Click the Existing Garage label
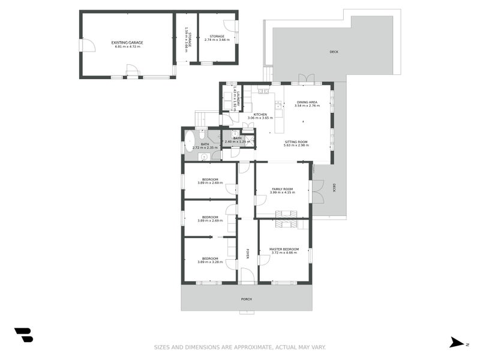tap(127, 43)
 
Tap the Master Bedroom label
tap(284, 249)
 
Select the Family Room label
tap(283, 188)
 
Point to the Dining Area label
tap(307, 102)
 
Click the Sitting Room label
tap(296, 142)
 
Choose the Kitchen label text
tap(260, 115)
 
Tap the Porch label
tap(246, 299)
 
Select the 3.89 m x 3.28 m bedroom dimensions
tap(209, 262)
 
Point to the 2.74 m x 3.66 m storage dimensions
tap(216, 40)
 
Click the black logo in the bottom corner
tap(23, 335)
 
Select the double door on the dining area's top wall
tap(306, 79)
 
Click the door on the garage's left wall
tap(87, 46)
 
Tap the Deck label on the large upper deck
tap(334, 52)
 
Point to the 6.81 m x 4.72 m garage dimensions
tap(127, 46)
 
